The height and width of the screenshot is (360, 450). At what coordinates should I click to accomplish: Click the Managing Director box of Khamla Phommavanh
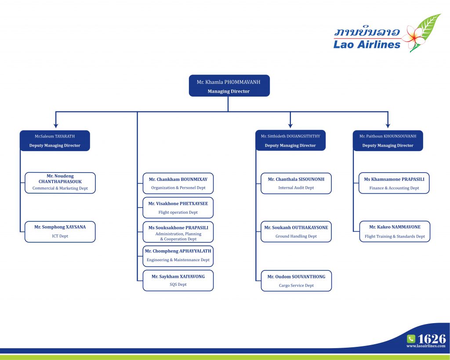tap(229, 86)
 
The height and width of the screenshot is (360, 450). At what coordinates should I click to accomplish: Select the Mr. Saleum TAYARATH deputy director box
tap(55, 140)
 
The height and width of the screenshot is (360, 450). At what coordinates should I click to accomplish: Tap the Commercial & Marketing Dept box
tap(60, 183)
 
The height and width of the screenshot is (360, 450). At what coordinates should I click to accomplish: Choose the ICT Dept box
tap(60, 231)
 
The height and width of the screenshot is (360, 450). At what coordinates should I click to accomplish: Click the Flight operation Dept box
tap(178, 208)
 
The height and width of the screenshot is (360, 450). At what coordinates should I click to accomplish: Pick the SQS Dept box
tap(178, 281)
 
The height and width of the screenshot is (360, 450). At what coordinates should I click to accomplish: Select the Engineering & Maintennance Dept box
tap(178, 256)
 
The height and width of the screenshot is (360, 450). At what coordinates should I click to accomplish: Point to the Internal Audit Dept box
tap(296, 183)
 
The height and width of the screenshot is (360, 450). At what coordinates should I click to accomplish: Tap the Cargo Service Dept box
tap(296, 281)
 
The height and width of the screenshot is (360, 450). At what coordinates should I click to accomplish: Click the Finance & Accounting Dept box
tap(394, 183)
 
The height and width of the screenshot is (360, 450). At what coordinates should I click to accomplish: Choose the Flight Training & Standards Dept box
tap(395, 231)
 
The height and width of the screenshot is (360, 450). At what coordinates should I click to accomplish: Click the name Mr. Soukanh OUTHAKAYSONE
tap(296, 227)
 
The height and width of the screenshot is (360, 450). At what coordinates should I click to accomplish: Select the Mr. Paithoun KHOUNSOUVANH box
tap(388, 140)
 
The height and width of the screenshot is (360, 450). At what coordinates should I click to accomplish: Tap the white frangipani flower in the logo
tap(412, 37)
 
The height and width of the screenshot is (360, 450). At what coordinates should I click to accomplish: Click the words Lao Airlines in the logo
tap(367, 44)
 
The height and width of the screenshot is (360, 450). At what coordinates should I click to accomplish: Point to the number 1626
tap(432, 339)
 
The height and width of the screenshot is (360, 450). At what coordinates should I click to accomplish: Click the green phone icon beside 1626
tap(411, 339)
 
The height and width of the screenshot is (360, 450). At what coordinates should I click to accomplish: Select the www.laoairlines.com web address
tap(426, 346)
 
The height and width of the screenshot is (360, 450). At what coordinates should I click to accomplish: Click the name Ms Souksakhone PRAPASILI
tap(178, 227)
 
